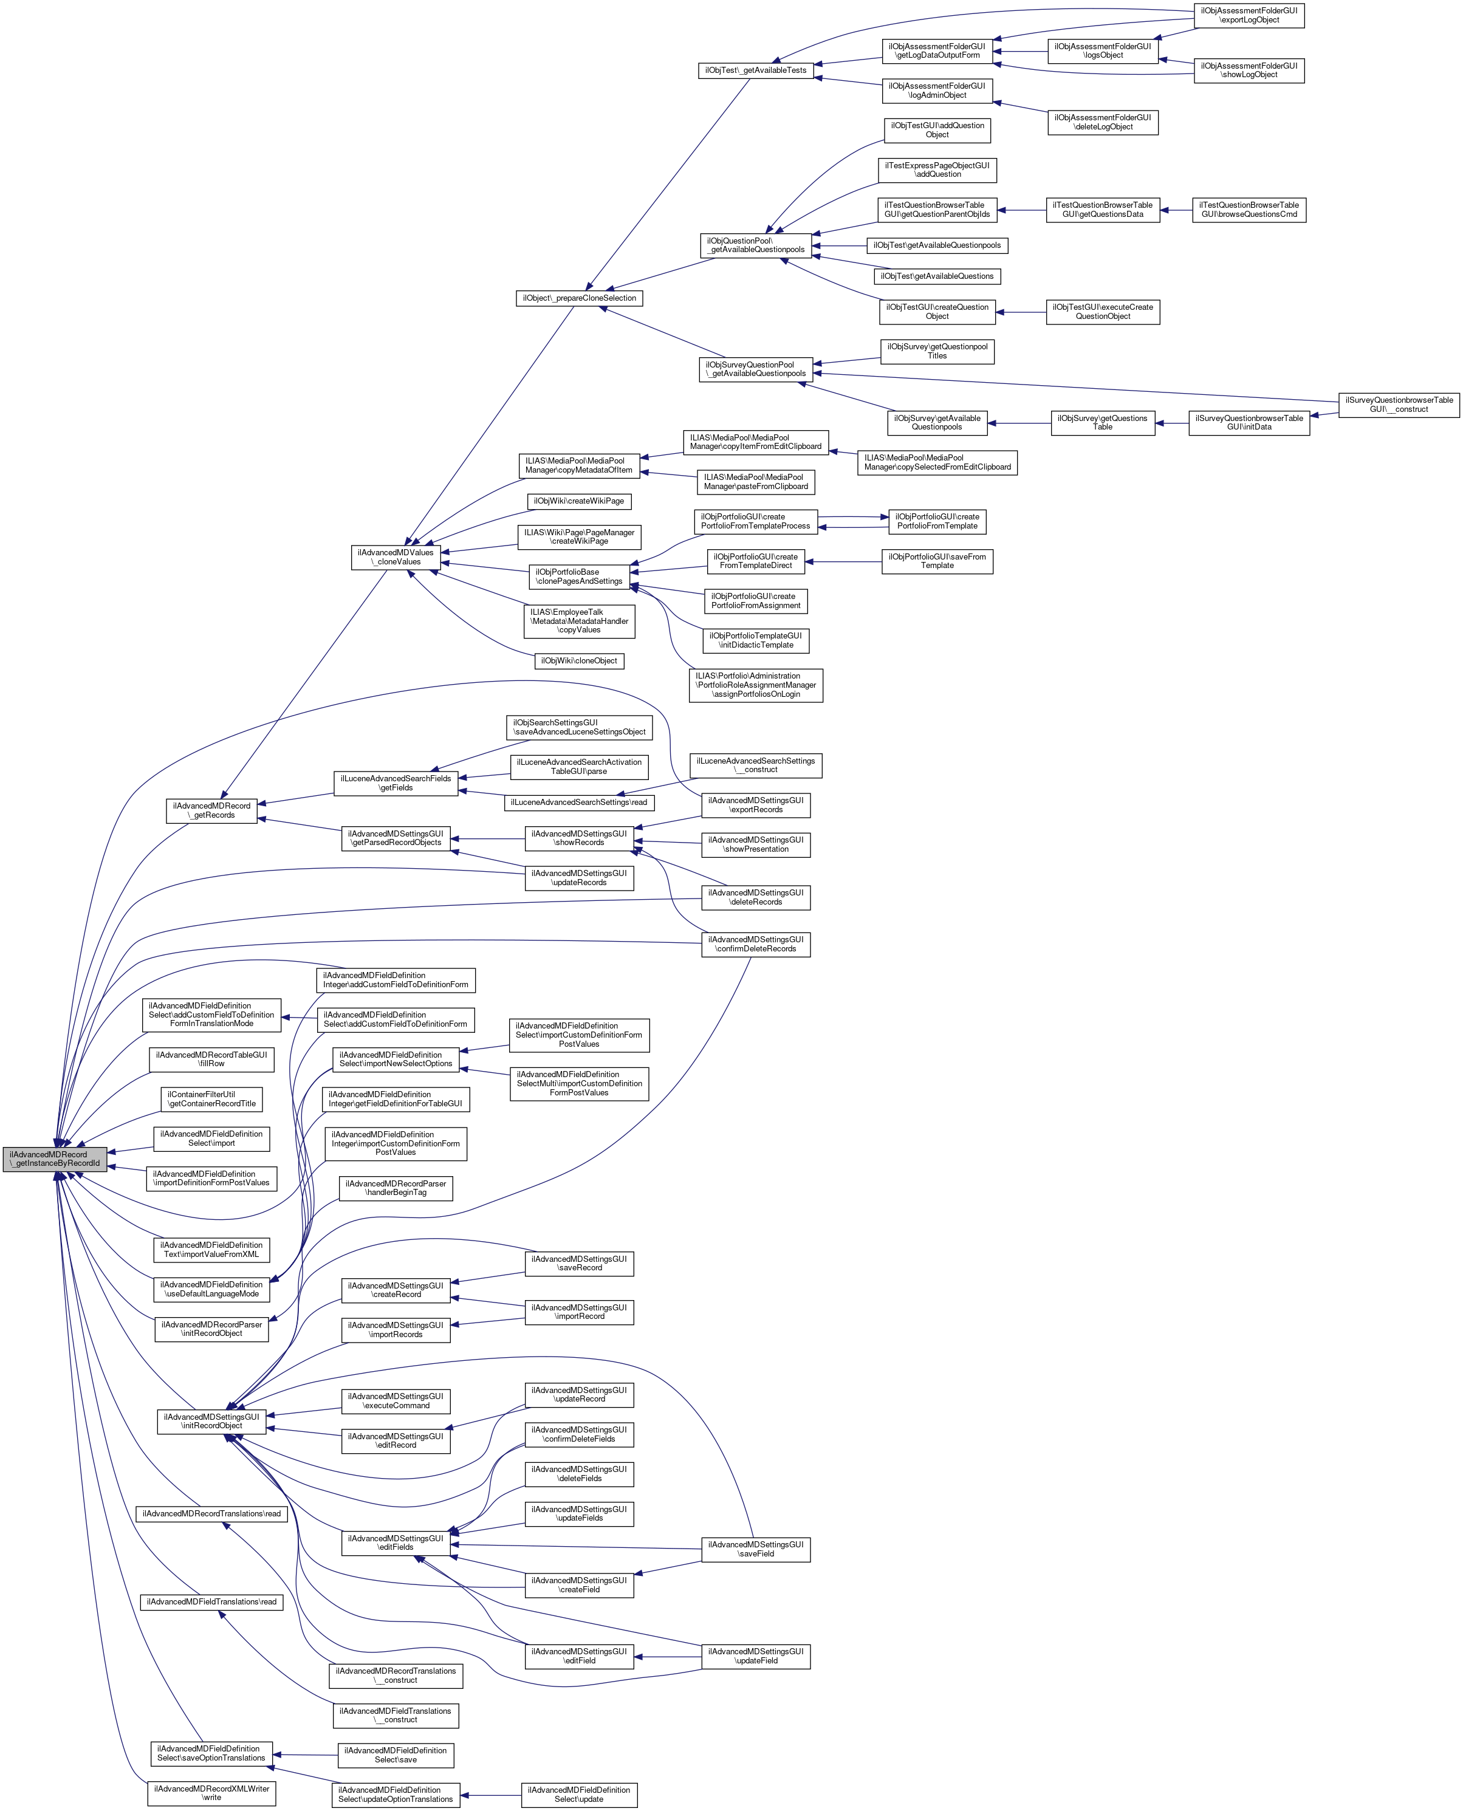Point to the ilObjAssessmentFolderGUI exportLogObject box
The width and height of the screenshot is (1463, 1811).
pos(1249,15)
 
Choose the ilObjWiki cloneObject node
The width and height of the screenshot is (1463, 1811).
pos(579,661)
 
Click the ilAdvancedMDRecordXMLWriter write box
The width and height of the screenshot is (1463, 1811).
pos(211,1792)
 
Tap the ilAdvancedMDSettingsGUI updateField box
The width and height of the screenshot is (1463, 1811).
pos(756,1656)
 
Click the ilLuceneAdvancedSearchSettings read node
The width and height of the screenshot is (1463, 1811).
pos(579,803)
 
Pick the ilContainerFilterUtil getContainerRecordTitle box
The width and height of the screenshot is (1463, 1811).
pos(211,1099)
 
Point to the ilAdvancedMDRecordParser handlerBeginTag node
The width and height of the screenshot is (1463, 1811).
pos(396,1188)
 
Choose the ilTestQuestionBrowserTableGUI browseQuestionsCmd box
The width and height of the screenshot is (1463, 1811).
pos(1249,210)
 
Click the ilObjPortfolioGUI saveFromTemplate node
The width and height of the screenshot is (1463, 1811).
pos(937,561)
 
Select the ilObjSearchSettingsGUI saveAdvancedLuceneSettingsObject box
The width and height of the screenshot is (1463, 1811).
pos(580,727)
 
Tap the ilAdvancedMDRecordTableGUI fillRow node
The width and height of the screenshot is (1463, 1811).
pos(211,1060)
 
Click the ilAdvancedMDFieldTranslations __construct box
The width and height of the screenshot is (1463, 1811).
pos(396,1715)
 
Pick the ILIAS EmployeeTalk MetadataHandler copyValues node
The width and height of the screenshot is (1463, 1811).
pos(579,621)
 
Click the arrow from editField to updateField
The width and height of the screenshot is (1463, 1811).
pos(668,1657)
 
